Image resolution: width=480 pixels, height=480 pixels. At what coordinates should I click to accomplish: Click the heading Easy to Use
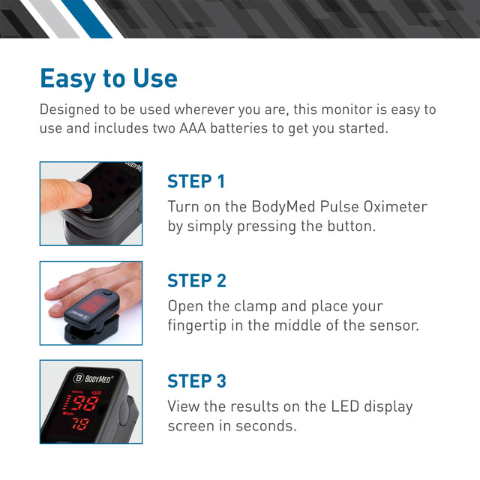click(109, 79)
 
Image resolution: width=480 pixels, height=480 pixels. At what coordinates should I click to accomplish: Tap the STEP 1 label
click(196, 181)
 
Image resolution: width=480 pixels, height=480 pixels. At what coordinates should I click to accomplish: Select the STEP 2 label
click(196, 280)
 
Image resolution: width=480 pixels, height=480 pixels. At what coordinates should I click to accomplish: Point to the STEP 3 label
click(196, 381)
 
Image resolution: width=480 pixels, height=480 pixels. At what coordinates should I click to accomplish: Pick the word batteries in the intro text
click(253, 128)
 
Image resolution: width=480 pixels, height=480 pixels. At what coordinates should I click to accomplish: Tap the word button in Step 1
click(349, 226)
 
